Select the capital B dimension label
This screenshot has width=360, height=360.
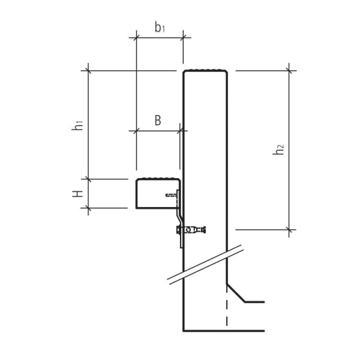158,120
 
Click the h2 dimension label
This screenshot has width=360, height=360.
279,150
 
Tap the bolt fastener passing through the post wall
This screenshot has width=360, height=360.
191,229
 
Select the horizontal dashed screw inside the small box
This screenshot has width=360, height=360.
172,195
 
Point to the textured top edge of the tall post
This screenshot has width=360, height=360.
206,70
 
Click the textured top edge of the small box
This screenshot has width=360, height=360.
158,178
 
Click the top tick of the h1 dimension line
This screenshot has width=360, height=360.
89,70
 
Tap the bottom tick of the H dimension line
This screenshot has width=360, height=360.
89,208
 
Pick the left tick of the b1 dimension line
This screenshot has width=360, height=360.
136,38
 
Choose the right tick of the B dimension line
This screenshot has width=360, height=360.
179,130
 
